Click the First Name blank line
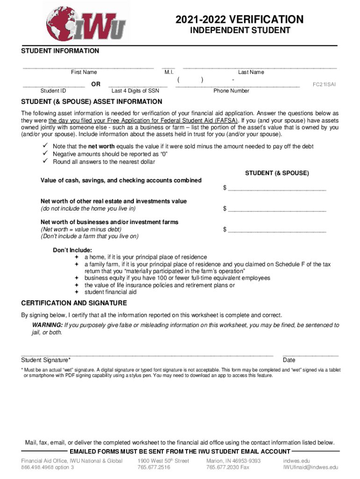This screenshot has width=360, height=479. point(88,67)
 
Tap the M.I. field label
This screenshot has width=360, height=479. point(169,73)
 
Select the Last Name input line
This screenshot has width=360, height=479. point(259,67)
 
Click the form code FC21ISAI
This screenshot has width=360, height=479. point(324,85)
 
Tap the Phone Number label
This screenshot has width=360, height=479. point(231,91)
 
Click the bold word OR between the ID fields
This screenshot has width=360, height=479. point(95,84)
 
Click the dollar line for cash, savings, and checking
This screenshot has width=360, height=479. point(276,189)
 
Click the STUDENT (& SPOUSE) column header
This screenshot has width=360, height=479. point(277,173)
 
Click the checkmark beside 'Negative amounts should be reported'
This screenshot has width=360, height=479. point(46,154)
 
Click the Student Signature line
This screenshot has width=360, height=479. point(147,356)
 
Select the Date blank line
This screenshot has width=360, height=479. point(310,356)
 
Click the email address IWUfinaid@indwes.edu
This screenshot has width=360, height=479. point(310,467)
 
